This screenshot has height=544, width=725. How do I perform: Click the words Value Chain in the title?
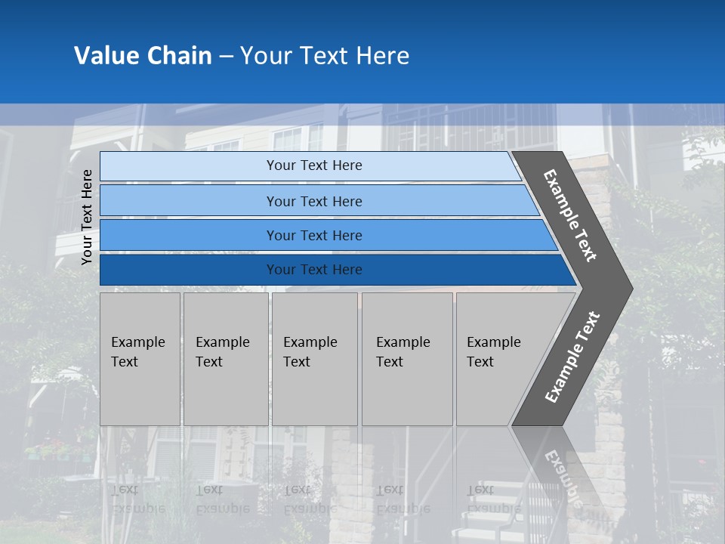point(143,56)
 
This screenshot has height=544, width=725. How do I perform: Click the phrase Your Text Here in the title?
point(325,56)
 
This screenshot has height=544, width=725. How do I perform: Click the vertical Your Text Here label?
point(87,217)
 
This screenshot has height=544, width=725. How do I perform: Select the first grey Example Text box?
point(140,359)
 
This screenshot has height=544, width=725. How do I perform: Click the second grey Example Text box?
point(225,359)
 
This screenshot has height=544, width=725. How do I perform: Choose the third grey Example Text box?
point(313,359)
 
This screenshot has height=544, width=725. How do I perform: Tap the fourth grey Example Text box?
point(406,359)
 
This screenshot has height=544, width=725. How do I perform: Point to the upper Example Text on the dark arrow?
point(571,215)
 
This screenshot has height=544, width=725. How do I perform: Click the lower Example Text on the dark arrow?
point(572,357)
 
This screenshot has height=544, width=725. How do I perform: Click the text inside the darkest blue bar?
point(314,270)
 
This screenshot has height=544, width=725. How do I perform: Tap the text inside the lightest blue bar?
point(314,165)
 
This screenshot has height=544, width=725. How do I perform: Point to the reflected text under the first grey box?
point(137,499)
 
